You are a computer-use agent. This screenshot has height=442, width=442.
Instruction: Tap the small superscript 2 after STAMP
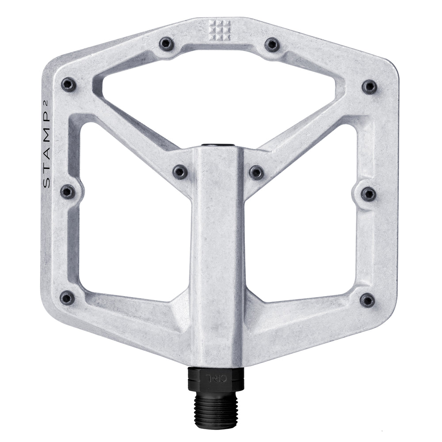(47, 110)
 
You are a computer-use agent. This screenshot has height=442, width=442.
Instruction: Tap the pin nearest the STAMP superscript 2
(69, 84)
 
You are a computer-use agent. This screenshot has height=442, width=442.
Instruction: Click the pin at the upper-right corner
(370, 87)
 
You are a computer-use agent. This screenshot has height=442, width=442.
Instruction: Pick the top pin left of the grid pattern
(166, 43)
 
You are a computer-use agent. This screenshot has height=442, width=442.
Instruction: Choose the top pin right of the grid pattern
(272, 44)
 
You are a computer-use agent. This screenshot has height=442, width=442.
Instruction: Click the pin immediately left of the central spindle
(180, 171)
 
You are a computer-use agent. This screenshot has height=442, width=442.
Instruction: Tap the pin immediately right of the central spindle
(256, 172)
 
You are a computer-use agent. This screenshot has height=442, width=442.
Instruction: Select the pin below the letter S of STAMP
(68, 192)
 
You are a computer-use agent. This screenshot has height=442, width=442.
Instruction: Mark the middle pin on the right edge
(368, 194)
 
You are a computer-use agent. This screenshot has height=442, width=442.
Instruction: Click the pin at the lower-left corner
(67, 298)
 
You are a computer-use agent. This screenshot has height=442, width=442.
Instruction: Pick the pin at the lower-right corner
(367, 300)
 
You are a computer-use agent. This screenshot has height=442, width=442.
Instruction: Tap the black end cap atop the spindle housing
(217, 145)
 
